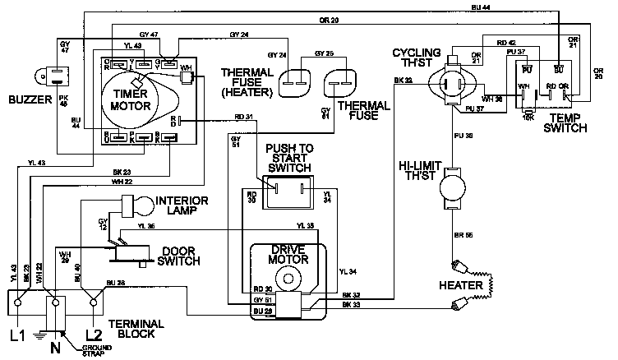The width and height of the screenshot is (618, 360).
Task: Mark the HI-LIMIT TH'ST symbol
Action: click(x=451, y=190)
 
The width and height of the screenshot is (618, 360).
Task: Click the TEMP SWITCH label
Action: click(x=566, y=123)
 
